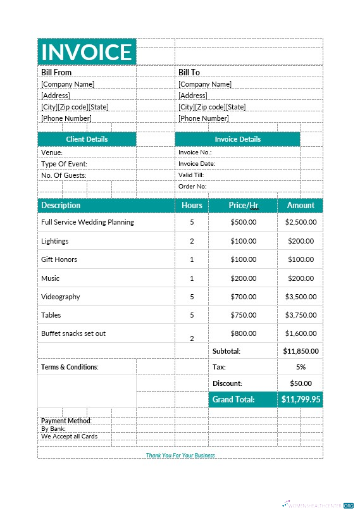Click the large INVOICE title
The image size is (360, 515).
coord(87,52)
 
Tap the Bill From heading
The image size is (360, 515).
coord(56,73)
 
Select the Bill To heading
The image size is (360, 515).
coord(189,73)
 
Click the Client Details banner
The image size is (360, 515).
coord(87,139)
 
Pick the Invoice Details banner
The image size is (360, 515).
coord(237,139)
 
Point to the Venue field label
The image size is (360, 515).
coord(52,152)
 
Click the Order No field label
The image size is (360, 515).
coord(192,187)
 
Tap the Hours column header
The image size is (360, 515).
coord(192,205)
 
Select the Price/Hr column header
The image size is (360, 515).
coord(244,205)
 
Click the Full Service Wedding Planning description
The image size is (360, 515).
coord(87,222)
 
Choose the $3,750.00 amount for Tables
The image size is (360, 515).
coord(301,315)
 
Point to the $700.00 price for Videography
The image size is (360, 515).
coord(244,297)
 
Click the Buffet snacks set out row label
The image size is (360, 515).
coord(73,333)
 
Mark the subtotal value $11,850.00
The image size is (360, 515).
coord(301,351)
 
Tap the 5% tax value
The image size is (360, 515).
coord(301,367)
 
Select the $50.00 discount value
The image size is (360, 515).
coord(301,383)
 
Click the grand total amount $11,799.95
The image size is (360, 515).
coord(301,399)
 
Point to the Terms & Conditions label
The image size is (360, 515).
coord(70,367)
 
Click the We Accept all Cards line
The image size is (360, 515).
coord(69,436)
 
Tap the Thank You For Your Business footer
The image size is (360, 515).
coord(180,455)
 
